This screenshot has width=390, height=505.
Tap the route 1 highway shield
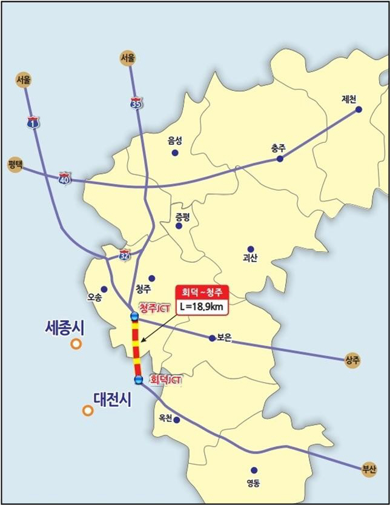pyautogui.click(x=32, y=123)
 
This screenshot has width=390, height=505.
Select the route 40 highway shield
pyautogui.click(x=65, y=179)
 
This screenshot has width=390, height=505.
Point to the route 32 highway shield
pyautogui.click(x=124, y=254)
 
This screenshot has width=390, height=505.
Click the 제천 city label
pyautogui.click(x=350, y=99)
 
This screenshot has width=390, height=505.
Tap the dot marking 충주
pyautogui.click(x=280, y=159)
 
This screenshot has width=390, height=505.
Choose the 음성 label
pyautogui.click(x=175, y=140)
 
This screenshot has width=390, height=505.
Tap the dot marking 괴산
pyautogui.click(x=251, y=249)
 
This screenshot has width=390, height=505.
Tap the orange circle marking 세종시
pyautogui.click(x=76, y=345)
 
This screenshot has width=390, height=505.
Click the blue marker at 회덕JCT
pyautogui.click(x=139, y=380)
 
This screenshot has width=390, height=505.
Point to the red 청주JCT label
pyautogui.click(x=155, y=308)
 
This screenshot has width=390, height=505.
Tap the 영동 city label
pyautogui.click(x=253, y=484)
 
